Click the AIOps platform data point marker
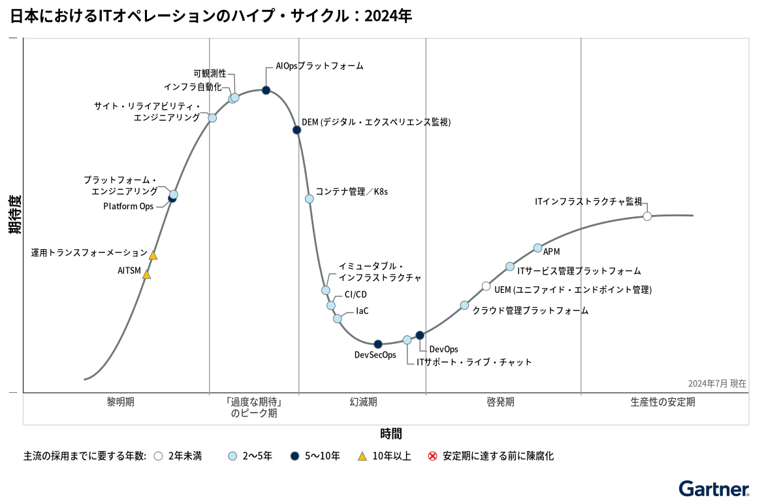pos(266,90)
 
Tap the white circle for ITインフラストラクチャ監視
pos(647,216)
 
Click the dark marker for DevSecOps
pos(377,344)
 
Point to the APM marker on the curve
pos(537,248)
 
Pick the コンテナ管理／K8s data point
pos(309,199)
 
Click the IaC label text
pos(362,311)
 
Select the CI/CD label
pos(356,295)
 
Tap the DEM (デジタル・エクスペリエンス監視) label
pos(375,122)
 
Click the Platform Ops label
pos(128,207)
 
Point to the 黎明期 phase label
pos(120,402)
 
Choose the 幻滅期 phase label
pos(363,402)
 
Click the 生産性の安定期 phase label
pos(663,402)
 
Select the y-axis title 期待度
pos(14,214)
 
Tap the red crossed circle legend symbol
pos(432,456)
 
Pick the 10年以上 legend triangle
pos(362,456)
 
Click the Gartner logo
pos(713,489)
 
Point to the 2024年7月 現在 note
pos(717,384)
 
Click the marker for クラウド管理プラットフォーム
pos(464,305)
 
